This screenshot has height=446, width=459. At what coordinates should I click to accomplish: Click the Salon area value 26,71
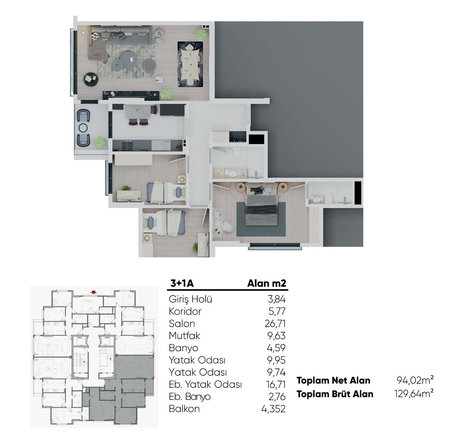(275, 324)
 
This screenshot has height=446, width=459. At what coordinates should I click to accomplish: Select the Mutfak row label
(184, 336)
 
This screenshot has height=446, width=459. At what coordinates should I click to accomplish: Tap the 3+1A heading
(182, 283)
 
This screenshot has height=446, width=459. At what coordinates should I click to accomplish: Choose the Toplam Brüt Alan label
(335, 394)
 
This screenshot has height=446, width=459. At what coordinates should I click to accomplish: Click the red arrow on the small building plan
(94, 292)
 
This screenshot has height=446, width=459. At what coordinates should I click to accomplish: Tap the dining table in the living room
(190, 64)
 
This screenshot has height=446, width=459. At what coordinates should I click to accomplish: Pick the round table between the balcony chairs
(83, 128)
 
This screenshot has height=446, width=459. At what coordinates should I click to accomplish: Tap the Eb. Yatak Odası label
(205, 384)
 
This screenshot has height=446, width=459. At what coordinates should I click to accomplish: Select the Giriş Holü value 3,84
(277, 299)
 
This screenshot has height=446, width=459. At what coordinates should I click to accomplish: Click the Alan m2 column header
(267, 283)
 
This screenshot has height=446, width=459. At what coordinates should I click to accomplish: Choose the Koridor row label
(185, 311)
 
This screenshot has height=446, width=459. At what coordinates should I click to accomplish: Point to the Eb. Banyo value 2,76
(277, 397)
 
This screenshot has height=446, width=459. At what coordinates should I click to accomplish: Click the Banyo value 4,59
(277, 348)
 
